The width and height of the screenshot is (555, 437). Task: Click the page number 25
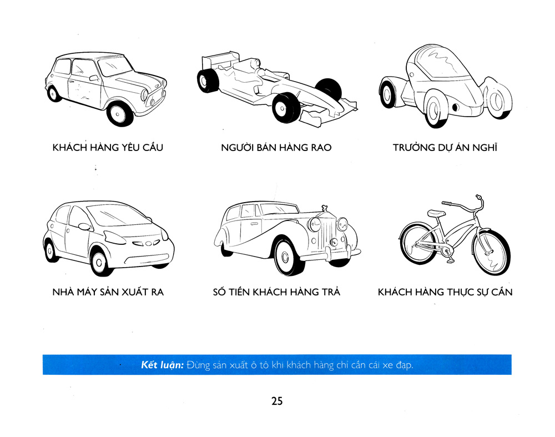click(x=277, y=401)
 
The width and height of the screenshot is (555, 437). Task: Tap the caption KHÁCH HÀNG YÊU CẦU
click(x=107, y=148)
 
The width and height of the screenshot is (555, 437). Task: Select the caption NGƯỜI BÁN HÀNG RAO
click(x=276, y=148)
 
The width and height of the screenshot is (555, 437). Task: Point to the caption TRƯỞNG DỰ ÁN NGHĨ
click(x=446, y=148)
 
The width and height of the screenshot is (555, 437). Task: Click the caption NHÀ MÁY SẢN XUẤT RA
click(x=108, y=292)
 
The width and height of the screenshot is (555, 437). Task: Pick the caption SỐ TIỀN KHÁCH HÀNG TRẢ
click(x=276, y=292)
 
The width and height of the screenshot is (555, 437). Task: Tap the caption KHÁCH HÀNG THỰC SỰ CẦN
click(x=445, y=292)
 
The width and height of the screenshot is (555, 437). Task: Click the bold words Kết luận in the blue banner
click(x=163, y=365)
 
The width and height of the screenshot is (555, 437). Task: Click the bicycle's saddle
click(x=436, y=213)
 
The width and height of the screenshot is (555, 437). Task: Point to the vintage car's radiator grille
click(x=329, y=235)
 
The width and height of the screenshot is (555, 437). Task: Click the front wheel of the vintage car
click(x=289, y=257)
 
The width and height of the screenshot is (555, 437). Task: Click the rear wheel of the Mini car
click(x=54, y=92)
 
